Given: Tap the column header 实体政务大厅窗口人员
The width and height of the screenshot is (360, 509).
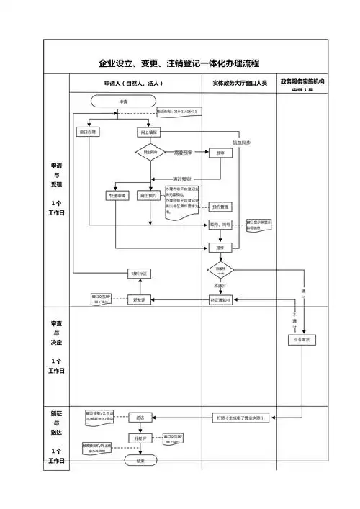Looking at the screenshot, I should coord(239,84).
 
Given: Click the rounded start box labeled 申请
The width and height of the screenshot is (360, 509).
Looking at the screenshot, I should coord(123,102).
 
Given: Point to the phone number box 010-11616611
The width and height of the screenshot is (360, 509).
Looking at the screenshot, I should coord(177,112).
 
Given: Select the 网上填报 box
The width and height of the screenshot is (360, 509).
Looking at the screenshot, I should coord(148,133).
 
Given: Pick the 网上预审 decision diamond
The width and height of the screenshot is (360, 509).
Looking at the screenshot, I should coord(149,153).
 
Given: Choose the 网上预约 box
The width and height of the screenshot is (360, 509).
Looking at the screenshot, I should coord(148,196).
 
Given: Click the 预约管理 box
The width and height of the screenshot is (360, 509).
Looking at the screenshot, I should coord(220,207).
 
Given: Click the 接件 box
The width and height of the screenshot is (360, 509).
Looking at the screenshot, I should coord(220,247).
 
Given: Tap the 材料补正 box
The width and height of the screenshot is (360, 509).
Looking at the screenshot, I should coord(140,274).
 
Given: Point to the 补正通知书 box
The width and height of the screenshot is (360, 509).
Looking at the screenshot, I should coord(220,299).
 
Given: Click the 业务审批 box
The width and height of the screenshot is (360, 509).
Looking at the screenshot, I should coord(302,338).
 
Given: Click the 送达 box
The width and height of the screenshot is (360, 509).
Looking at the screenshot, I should coord(140,417).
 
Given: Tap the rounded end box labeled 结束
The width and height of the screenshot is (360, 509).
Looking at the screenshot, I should coord(140,460).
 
